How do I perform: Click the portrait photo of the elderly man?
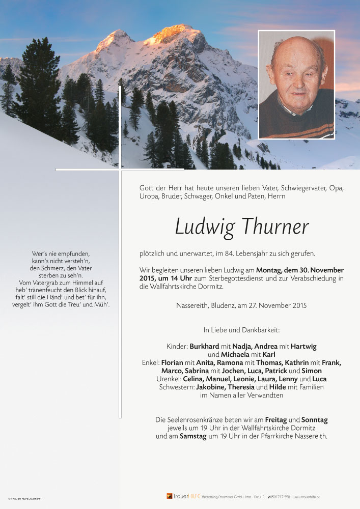[296, 84]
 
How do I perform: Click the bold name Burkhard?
[204, 347]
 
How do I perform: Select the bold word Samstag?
[193, 436]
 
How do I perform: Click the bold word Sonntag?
[314, 420]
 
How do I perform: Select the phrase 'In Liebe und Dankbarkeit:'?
[241, 330]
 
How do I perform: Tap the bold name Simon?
[312, 371]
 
